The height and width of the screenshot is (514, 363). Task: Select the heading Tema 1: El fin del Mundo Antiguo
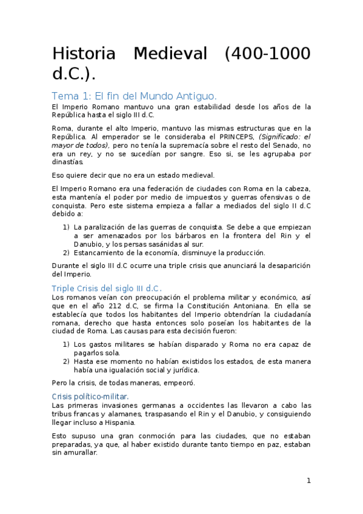(134, 96)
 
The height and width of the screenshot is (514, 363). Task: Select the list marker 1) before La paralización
(66, 227)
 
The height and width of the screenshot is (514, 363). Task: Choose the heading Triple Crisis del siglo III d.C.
(107, 289)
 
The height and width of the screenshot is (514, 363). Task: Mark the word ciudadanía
(285, 315)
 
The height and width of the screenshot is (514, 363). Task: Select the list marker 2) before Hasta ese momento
(66, 361)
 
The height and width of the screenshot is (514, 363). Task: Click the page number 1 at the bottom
(308, 481)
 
